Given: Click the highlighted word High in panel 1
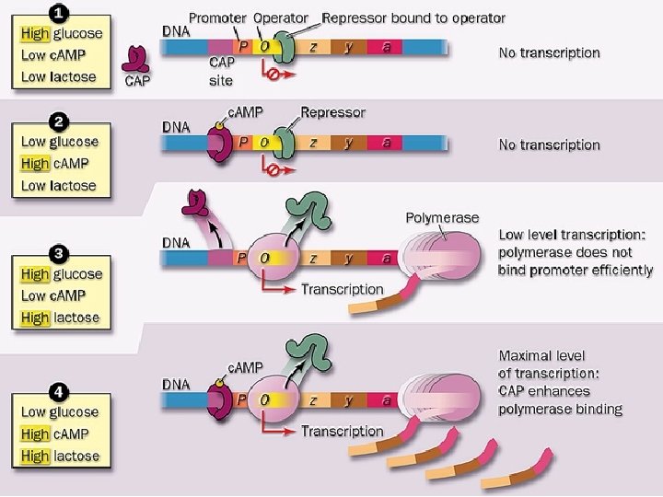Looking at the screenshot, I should click(36, 33).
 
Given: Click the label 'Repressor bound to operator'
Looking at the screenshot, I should click(413, 17).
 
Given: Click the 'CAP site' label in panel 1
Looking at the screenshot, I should click(221, 71).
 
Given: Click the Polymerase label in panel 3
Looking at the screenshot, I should click(442, 217).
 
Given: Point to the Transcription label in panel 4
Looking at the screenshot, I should click(342, 431).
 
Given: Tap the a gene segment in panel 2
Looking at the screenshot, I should click(387, 143).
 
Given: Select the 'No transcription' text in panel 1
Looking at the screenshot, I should click(549, 52).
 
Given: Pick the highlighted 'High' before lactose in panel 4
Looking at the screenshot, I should click(36, 456).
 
